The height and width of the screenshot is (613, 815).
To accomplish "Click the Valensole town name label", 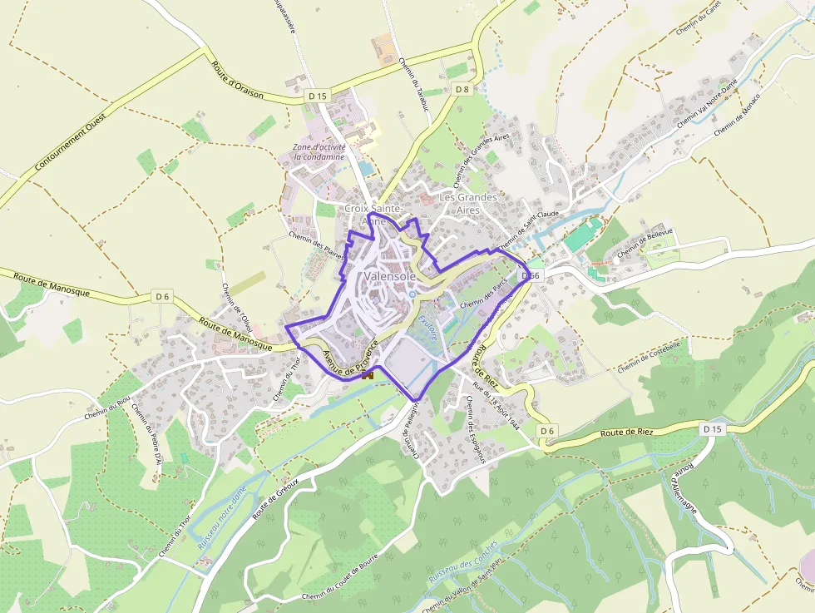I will [390, 276].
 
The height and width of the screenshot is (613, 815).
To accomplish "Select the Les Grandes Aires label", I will [468, 204].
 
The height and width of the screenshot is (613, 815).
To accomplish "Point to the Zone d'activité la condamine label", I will [318, 152].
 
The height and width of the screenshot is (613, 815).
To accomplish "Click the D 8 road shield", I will [462, 89].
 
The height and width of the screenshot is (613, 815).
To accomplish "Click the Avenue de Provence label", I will [350, 355].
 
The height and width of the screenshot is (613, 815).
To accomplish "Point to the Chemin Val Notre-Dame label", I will [707, 104].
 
